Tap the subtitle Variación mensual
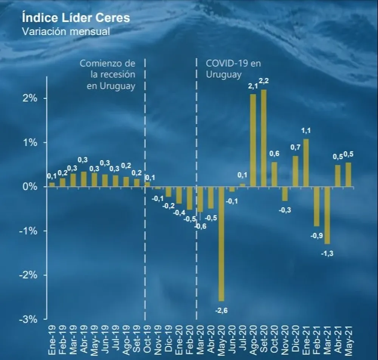click(66, 31)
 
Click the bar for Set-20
click(263, 138)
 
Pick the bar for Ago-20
click(253, 140)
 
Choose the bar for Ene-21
click(306, 163)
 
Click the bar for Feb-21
click(316, 206)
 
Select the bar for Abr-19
click(84, 179)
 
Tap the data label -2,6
click(221, 311)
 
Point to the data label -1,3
click(327, 254)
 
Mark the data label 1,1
click(306, 130)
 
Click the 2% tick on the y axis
click(29, 98)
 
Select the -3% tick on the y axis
click(28, 319)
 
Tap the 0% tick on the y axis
click(29, 187)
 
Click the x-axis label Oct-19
click(147, 340)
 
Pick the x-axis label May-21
click(349, 340)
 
